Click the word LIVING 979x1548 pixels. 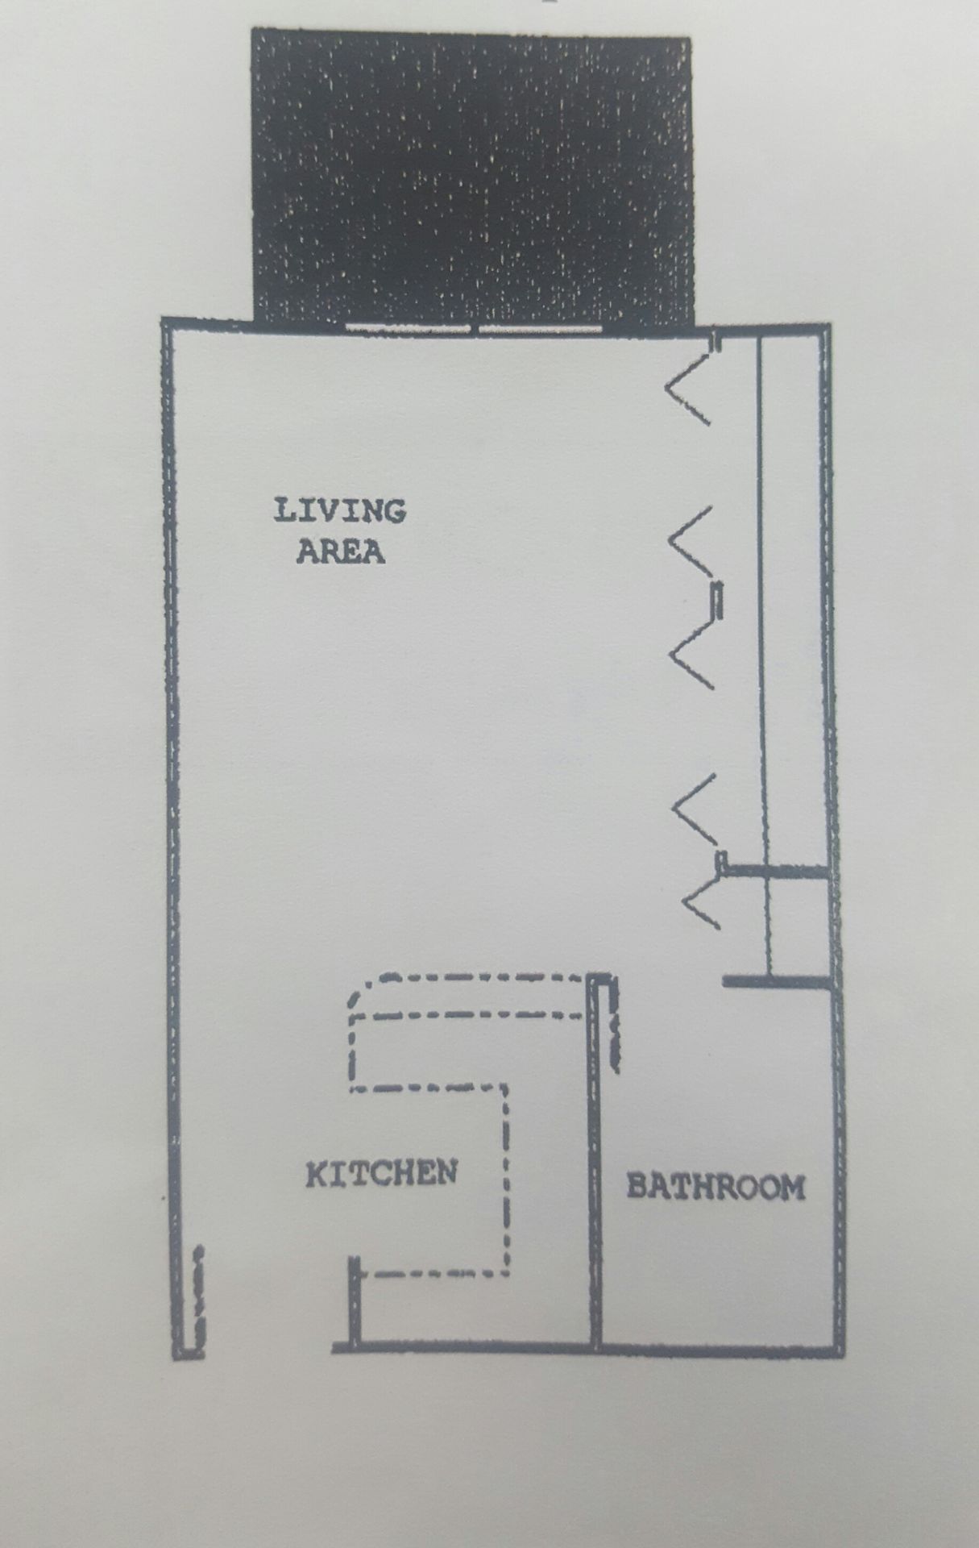[340, 511]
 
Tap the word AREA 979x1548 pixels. [340, 552]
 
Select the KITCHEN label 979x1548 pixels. [381, 1173]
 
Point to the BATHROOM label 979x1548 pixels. [716, 1187]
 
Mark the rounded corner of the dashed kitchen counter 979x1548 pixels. [359, 990]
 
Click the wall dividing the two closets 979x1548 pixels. [778, 870]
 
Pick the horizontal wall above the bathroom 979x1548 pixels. [777, 981]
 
